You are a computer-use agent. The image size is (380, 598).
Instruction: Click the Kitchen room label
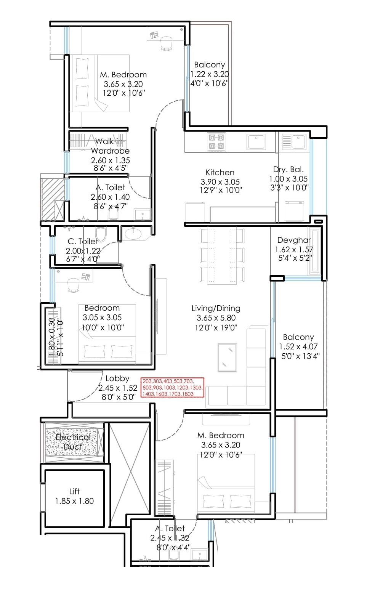[x=220, y=172]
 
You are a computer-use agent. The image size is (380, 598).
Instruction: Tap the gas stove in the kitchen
[x=216, y=142]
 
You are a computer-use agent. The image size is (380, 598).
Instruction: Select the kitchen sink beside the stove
[x=257, y=142]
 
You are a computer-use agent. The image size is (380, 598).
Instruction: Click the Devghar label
[x=294, y=240]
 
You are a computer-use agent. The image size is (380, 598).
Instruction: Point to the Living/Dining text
[x=216, y=308]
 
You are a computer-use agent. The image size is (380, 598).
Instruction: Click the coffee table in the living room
[x=227, y=357]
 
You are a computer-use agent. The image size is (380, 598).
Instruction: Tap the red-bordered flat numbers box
[x=172, y=387]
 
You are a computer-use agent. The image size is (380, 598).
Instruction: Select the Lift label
[x=74, y=491]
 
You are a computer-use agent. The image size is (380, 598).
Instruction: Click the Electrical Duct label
[x=73, y=442]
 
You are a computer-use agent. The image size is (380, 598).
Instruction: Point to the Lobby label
[x=117, y=378]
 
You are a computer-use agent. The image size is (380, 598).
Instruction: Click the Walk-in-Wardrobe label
[x=110, y=146]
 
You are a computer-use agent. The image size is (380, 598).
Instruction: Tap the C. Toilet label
[x=82, y=241]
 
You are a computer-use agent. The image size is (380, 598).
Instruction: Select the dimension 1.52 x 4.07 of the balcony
[x=298, y=346]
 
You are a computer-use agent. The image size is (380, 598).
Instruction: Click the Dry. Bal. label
[x=288, y=169]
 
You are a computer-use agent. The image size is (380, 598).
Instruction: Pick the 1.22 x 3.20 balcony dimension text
[x=209, y=74]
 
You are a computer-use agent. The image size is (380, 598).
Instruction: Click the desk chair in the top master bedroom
[x=166, y=43]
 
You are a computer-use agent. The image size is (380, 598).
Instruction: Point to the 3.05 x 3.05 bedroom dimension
[x=102, y=317]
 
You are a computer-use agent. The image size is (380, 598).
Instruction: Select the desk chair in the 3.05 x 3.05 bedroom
[x=73, y=285]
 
